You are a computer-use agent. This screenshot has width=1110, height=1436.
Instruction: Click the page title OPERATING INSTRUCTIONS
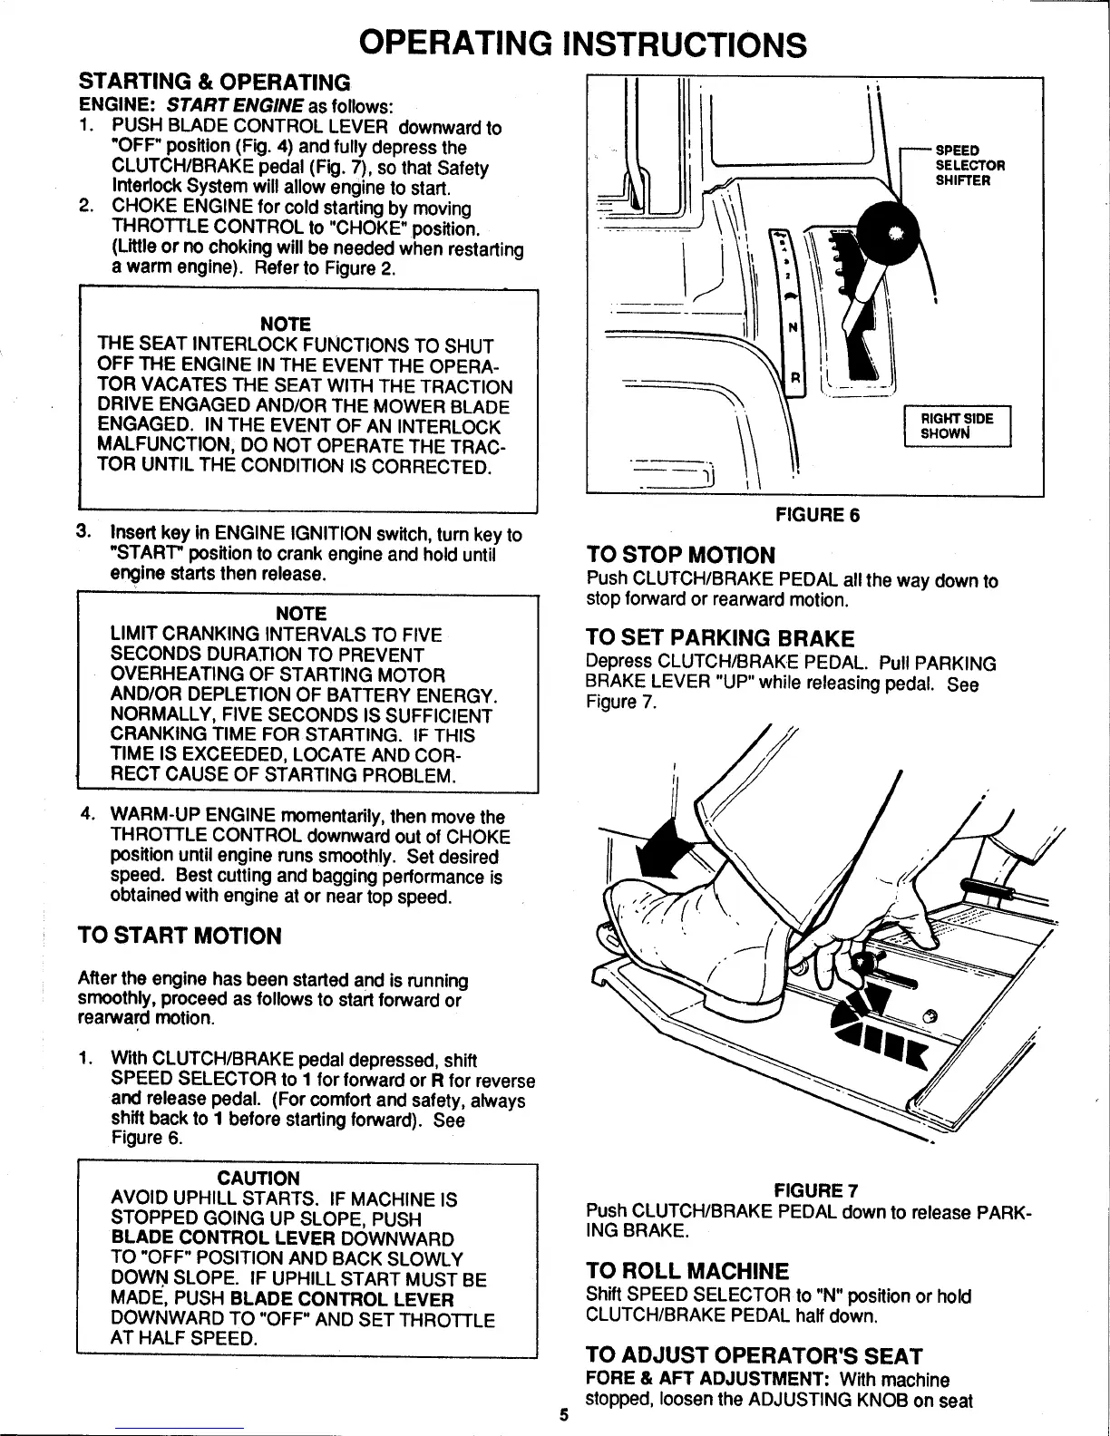(581, 43)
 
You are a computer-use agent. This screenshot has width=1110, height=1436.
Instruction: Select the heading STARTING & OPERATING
(214, 82)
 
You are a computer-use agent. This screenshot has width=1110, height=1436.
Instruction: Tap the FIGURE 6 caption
(816, 515)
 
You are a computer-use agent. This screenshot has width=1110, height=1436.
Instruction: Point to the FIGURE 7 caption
(816, 1189)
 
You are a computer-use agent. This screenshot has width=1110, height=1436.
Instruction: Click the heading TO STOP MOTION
(681, 555)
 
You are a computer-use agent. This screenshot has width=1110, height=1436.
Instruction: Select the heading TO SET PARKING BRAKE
(721, 638)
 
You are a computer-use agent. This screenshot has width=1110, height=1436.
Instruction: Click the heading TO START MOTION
(180, 936)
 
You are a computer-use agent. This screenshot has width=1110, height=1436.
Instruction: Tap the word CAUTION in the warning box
(258, 1178)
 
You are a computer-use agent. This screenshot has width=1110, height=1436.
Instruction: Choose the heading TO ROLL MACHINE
(687, 1271)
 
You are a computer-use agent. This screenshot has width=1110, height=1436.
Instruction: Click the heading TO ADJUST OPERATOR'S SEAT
(755, 1356)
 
